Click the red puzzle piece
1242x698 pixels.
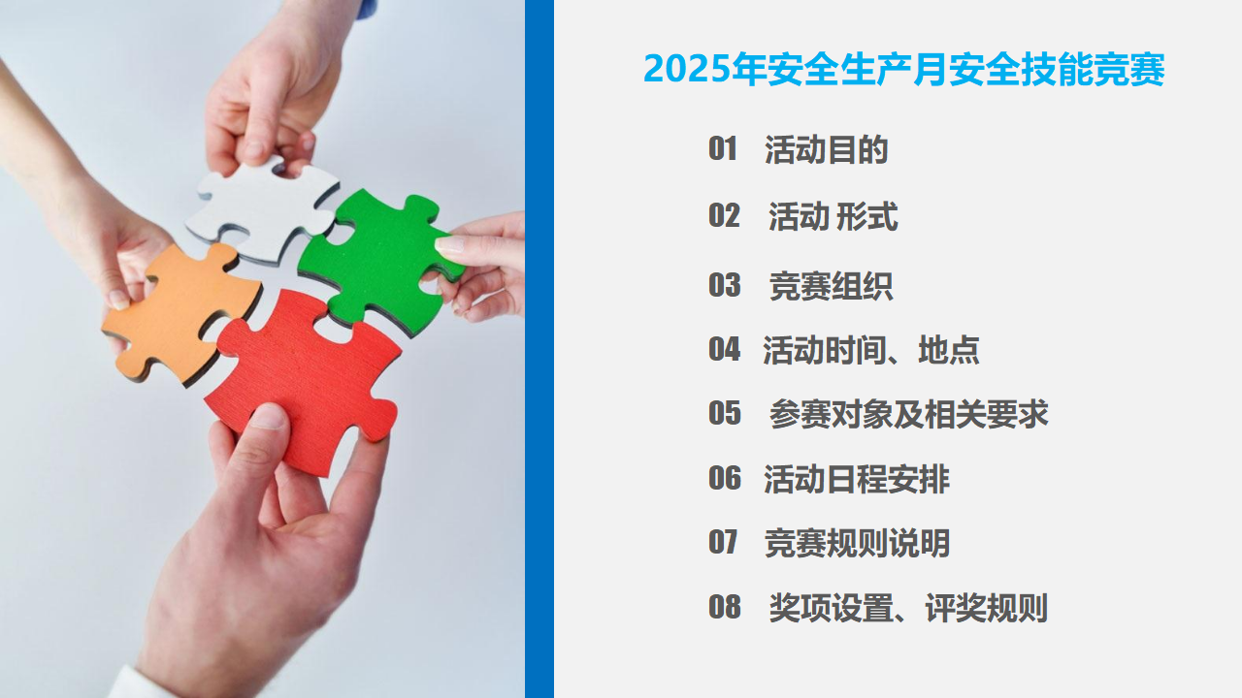[305, 377]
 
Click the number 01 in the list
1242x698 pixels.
[723, 149]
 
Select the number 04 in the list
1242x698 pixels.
[724, 350]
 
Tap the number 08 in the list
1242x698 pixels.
[725, 607]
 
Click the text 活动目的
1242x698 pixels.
[826, 149]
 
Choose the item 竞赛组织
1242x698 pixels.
[831, 286]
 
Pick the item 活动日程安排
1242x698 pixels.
[857, 479]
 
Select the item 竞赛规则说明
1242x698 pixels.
[857, 544]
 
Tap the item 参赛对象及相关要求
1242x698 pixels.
[909, 414]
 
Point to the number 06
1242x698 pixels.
[725, 478]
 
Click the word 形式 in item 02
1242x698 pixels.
[866, 216]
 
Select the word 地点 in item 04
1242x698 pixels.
[949, 350]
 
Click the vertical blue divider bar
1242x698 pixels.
[539, 349]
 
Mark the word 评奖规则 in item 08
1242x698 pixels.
[987, 608]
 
